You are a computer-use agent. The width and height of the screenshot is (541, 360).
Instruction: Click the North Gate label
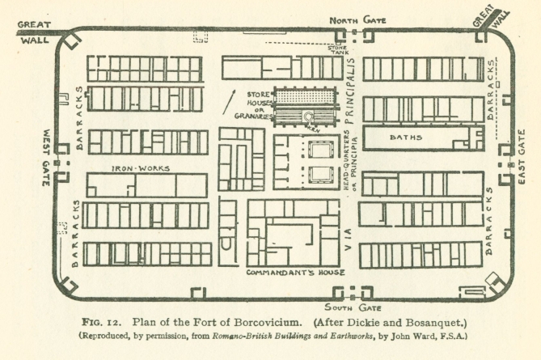click(x=358, y=19)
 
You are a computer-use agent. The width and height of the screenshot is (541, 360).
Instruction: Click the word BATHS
click(x=406, y=138)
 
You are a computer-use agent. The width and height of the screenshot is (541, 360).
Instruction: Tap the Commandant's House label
click(x=295, y=273)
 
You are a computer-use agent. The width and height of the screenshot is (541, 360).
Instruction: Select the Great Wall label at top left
click(x=34, y=30)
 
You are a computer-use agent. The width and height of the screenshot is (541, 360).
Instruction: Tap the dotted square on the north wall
click(x=200, y=36)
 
